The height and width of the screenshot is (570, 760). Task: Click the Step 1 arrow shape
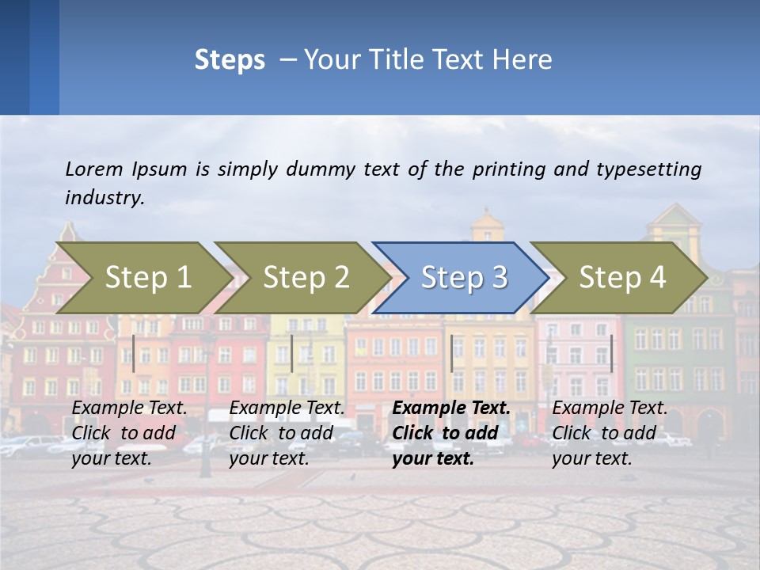tap(142, 278)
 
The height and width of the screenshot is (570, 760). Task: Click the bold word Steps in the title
tap(230, 60)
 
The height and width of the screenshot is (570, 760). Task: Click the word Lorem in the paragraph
tap(94, 169)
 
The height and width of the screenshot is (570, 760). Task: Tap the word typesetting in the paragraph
tap(651, 169)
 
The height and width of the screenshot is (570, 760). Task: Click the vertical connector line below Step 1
tap(134, 353)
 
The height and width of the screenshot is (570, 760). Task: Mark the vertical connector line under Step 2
tap(292, 353)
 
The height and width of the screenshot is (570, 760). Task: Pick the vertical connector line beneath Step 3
tap(451, 353)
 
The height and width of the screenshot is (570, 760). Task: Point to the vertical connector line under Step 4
tap(611, 353)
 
